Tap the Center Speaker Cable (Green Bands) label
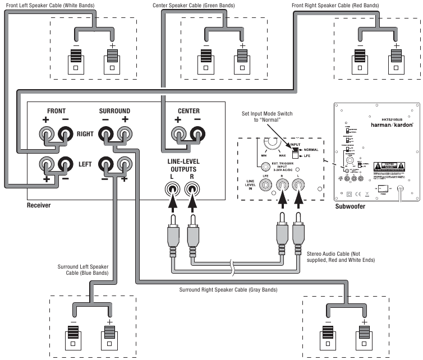194,5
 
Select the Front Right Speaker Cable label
334,5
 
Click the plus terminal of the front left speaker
113,60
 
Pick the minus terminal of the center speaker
206,60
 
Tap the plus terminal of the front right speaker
396,60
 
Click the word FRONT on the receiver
57,111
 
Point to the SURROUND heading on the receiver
114,111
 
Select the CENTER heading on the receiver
188,111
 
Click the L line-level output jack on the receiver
172,190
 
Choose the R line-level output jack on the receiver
192,190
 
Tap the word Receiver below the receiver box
39,206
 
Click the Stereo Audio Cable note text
340,257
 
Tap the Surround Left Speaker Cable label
83,270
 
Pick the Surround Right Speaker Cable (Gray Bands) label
228,290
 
